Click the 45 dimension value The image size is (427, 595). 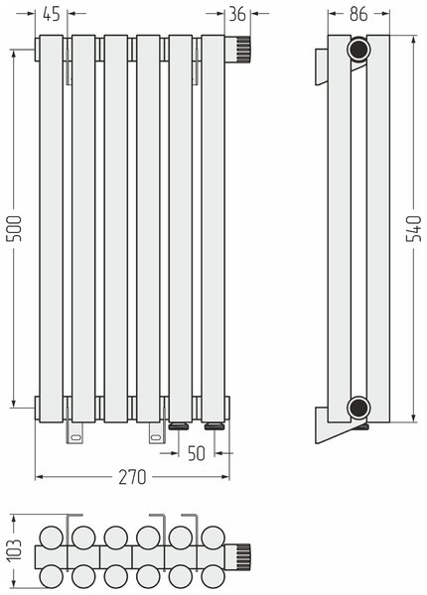(x=52, y=14)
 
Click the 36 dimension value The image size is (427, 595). (x=237, y=14)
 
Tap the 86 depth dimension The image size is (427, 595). (x=358, y=14)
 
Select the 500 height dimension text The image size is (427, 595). (x=15, y=228)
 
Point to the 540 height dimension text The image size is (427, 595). (x=414, y=228)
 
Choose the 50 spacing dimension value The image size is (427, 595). (x=197, y=453)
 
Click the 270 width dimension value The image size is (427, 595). (x=132, y=477)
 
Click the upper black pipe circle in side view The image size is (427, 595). (x=358, y=49)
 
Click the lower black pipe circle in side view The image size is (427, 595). (x=358, y=408)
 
